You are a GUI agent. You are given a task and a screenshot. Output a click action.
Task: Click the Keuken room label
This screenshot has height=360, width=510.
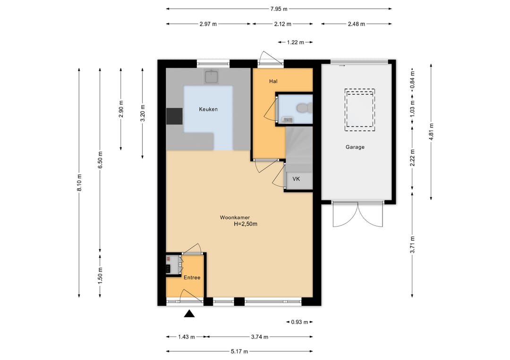208,109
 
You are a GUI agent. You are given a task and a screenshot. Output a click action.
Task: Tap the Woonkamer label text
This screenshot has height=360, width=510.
235,218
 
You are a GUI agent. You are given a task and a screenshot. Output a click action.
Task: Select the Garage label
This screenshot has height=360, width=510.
355,147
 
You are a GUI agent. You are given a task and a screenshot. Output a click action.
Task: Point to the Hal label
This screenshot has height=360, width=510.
273,81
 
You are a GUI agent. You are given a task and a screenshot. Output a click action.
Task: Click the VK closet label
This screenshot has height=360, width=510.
296,179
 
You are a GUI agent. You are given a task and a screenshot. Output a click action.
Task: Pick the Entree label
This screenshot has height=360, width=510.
192,277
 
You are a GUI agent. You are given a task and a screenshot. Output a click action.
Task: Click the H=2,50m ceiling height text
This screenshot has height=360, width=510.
246,224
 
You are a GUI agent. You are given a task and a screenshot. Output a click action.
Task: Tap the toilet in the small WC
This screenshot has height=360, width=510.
305,108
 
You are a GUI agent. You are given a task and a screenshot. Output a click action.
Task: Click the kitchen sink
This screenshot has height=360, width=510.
212,77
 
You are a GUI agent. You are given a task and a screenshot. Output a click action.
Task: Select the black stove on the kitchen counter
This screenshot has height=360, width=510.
174,117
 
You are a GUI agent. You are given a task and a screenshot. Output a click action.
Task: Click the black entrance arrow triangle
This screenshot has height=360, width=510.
189,314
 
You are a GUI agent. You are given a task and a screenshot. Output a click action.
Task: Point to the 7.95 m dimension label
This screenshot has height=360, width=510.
279,9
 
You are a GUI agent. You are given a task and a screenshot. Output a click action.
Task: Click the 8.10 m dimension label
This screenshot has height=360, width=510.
79,183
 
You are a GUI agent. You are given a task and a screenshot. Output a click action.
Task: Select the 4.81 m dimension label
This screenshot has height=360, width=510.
431,132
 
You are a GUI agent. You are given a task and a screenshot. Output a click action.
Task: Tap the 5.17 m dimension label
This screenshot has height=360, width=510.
239,351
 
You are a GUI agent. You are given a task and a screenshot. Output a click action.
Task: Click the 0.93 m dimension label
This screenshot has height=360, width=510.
299,322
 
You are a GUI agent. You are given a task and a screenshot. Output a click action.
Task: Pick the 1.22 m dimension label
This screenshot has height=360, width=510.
295,42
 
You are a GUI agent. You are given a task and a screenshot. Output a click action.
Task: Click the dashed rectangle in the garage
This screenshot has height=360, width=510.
360,110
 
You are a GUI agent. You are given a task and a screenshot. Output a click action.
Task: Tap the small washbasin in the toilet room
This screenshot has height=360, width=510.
288,120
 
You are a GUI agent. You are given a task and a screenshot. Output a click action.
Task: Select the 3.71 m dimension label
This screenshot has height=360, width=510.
412,245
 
